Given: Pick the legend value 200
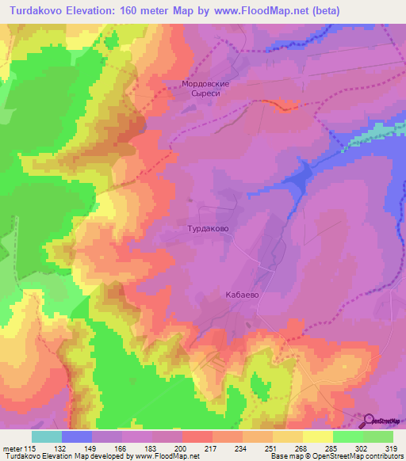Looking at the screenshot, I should pyautogui.click(x=182, y=449).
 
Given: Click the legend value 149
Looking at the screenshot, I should pyautogui.click(x=92, y=449).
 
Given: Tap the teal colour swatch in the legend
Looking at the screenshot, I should pyautogui.click(x=47, y=436).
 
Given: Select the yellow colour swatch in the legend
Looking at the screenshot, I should pyautogui.click(x=318, y=436).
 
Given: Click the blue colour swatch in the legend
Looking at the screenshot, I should pyautogui.click(x=77, y=436).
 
